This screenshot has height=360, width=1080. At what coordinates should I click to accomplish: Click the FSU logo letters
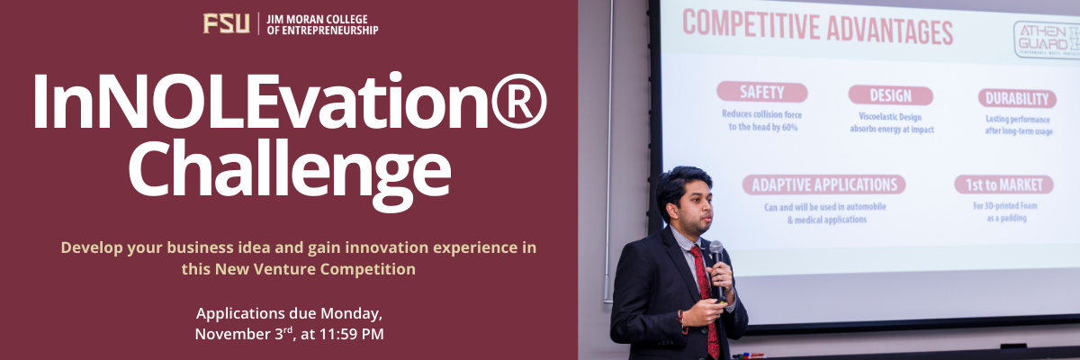(226, 23)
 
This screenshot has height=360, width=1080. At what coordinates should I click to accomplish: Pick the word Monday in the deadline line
(350, 314)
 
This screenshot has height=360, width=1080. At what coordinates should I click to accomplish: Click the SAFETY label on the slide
(761, 93)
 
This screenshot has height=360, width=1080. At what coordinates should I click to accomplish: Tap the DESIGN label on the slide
(890, 95)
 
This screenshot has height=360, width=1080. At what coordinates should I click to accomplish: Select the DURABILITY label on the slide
(1016, 99)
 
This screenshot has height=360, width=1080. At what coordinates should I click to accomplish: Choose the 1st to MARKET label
(1004, 185)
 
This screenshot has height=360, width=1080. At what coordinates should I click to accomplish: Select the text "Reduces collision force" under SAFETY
(761, 114)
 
